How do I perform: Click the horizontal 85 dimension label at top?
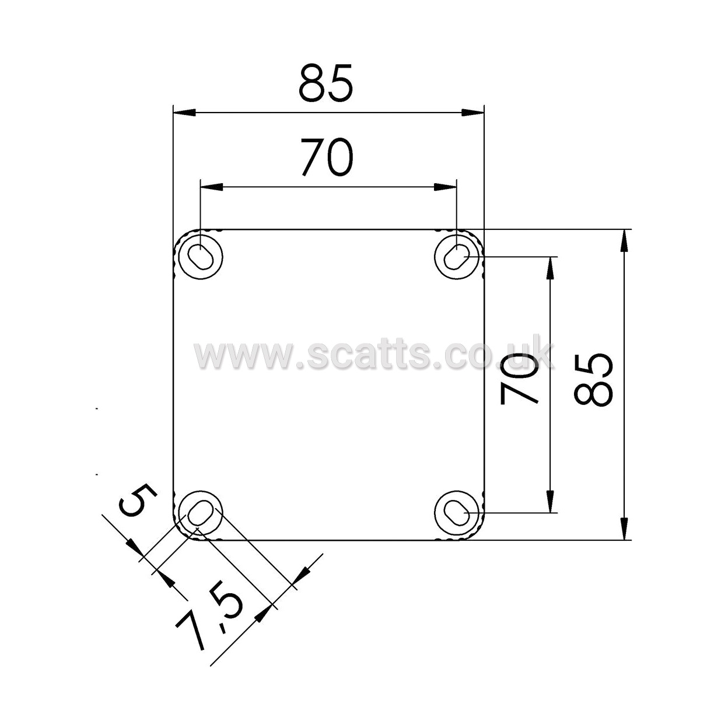pyautogui.click(x=325, y=82)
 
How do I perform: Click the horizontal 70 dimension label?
pyautogui.click(x=327, y=157)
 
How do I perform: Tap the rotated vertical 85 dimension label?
pyautogui.click(x=593, y=380)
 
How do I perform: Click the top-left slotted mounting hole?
pyautogui.click(x=201, y=257)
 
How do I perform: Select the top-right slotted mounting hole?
pyautogui.click(x=457, y=257)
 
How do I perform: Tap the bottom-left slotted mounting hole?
pyautogui.click(x=201, y=513)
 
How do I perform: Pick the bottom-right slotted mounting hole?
pyautogui.click(x=457, y=513)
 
